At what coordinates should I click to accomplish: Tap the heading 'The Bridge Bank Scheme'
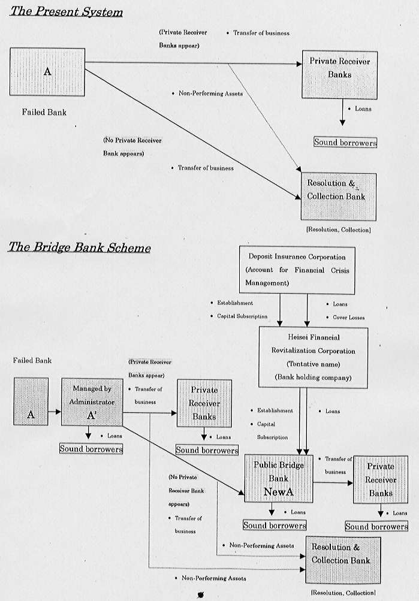click(79, 247)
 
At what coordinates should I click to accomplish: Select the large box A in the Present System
click(47, 72)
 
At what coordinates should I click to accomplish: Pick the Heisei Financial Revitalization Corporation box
click(306, 357)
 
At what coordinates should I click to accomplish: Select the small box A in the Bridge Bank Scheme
click(31, 401)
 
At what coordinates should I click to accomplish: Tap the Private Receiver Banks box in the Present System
click(339, 75)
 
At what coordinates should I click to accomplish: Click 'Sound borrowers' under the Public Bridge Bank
click(275, 526)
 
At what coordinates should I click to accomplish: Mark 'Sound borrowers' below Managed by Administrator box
click(91, 448)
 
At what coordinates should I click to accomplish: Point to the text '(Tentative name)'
click(306, 364)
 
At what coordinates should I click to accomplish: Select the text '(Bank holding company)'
click(306, 377)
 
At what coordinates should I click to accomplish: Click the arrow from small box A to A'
click(55, 412)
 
